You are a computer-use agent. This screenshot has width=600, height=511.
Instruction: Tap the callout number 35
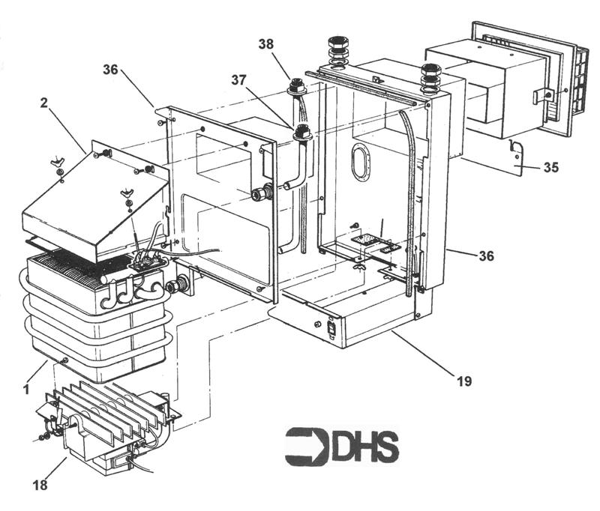550,168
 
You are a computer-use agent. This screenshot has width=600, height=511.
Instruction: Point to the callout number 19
463,381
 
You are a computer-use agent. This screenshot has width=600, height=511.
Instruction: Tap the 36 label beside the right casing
487,255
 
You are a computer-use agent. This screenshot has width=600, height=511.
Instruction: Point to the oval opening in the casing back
360,163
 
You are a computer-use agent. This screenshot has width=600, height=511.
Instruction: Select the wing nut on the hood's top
59,163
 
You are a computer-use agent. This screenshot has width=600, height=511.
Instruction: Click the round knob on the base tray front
316,324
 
